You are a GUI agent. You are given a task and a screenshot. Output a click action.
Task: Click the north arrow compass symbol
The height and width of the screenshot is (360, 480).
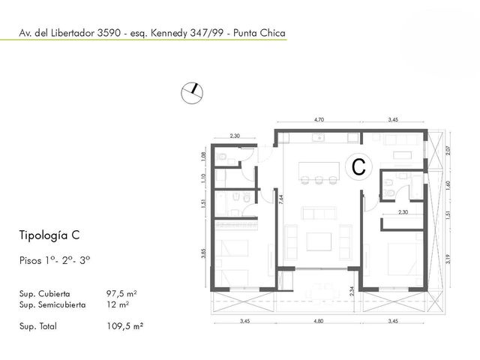pos(192,93)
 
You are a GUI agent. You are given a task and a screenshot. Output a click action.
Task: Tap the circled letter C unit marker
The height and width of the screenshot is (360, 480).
pos(358,166)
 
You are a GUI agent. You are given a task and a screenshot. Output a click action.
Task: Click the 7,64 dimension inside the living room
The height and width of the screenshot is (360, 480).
pos(281,199)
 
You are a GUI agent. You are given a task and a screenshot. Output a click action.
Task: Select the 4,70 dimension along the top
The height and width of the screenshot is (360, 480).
pos(319,120)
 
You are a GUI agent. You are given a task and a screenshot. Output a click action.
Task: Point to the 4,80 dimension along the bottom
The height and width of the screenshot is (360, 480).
pos(318,321)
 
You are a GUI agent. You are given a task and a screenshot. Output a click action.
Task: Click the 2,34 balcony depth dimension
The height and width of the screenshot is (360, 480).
pos(352,291)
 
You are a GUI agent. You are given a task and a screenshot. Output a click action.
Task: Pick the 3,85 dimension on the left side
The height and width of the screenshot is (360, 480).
pos(203,253)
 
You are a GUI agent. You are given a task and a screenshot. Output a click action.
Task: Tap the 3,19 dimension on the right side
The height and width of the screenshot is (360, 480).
pos(448,259)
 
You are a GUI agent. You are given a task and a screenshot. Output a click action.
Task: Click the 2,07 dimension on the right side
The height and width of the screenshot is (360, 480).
pos(448,150)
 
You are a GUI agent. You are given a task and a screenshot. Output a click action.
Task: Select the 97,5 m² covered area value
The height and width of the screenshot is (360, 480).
pos(121,293)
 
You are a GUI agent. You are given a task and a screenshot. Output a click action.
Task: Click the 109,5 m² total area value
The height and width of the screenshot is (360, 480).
pos(125,326)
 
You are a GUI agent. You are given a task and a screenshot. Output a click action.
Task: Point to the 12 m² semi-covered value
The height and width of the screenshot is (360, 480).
pos(118,304)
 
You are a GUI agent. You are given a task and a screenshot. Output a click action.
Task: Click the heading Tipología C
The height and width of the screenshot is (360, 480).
pos(49,235)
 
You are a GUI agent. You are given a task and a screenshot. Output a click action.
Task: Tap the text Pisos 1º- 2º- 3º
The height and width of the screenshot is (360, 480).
pos(55,260)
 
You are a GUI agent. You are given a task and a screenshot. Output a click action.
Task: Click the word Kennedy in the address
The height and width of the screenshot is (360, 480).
pos(169,33)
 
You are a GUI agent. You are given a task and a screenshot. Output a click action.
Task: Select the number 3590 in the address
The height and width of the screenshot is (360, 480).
pos(109,33)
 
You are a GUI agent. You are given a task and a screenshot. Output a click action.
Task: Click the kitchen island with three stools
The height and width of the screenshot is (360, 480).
pos(319,173)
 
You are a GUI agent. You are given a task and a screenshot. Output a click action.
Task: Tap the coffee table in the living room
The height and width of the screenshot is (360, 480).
pos(319,241)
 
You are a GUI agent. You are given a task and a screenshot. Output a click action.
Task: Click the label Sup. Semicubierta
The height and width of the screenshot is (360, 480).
pos(52,305)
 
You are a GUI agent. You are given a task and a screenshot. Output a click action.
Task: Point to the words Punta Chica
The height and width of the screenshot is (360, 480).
pos(259,33)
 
